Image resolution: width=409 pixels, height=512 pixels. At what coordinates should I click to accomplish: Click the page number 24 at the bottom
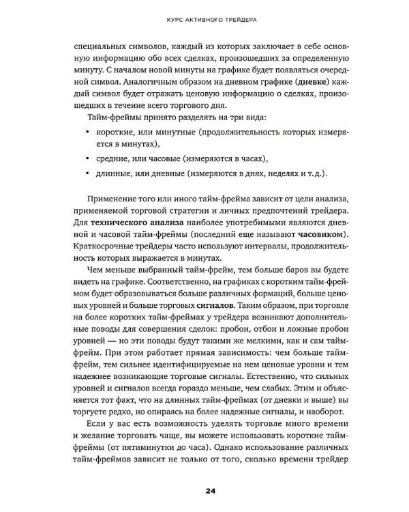(x=204, y=489)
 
